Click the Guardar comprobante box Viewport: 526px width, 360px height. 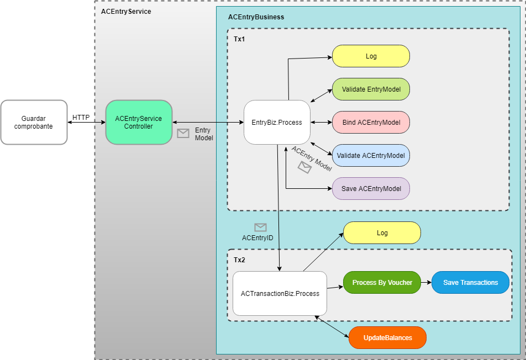coord(34,122)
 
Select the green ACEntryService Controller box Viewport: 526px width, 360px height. coord(139,122)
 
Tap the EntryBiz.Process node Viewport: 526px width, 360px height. coord(277,122)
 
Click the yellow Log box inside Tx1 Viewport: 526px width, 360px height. coord(371,56)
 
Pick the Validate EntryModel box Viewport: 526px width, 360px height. coord(371,89)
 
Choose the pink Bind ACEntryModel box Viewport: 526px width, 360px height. coord(371,122)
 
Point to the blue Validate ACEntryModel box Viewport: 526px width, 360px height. coord(371,155)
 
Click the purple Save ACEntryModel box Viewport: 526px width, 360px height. coord(371,188)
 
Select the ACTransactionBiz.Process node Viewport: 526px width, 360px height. coord(280,293)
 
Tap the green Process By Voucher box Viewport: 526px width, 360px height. coord(382,282)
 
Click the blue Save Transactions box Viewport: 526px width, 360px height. coord(470,282)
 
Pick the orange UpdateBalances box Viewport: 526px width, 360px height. coord(387,337)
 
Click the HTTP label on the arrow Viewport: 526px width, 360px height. coord(81,117)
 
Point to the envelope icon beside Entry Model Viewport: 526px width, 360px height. coord(183,133)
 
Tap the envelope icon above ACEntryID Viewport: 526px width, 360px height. coord(260,227)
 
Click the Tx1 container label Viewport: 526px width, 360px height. coord(239,39)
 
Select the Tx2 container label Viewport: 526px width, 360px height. coord(239,260)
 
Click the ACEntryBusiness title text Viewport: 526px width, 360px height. coord(256,17)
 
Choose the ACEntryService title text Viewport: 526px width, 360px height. coord(126,11)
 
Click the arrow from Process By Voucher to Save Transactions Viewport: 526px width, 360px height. coord(426,282)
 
